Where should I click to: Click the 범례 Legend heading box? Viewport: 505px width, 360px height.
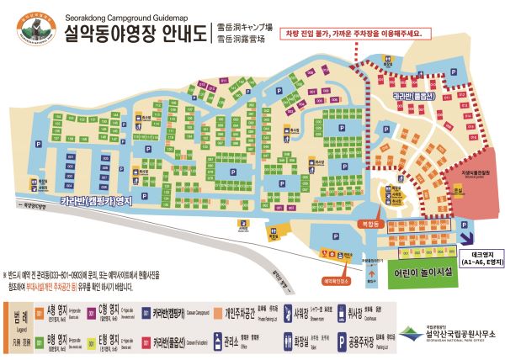tap(18, 324)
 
